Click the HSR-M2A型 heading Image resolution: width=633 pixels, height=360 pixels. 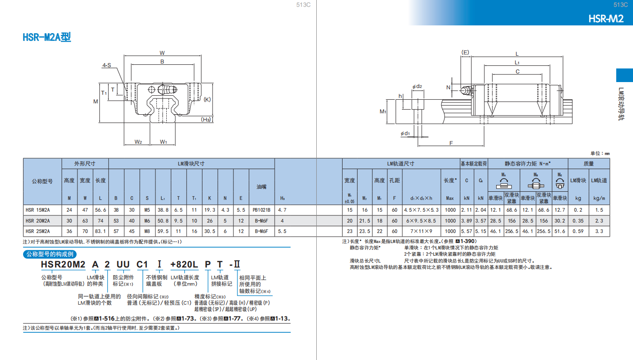(x=47, y=37)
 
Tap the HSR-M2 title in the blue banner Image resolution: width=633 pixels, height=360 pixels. (x=606, y=19)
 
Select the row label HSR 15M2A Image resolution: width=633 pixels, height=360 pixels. (x=38, y=210)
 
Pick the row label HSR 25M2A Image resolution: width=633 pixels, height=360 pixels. (x=38, y=231)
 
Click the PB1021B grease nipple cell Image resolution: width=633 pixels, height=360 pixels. (x=261, y=210)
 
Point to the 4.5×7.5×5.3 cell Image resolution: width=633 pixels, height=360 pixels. (x=421, y=210)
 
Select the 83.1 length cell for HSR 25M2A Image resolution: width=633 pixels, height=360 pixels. (x=100, y=231)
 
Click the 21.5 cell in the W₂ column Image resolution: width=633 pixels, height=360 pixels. (x=365, y=221)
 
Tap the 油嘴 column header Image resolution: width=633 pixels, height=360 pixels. (x=261, y=187)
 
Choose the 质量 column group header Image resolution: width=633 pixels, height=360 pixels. (x=589, y=164)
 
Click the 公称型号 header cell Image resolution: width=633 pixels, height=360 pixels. (x=42, y=181)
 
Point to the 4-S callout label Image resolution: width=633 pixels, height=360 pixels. (x=106, y=65)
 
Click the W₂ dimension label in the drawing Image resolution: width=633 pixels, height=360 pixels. (x=138, y=141)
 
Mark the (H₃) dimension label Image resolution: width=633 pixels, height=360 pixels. (x=206, y=119)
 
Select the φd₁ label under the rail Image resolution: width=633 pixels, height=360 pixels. (x=405, y=133)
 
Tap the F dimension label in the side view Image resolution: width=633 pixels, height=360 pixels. (x=451, y=143)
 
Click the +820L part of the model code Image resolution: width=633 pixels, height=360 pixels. (x=184, y=264)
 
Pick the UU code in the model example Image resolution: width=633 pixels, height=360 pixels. (x=123, y=264)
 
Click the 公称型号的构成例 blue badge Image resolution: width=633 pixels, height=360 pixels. (x=50, y=254)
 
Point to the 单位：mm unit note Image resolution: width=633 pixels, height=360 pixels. (x=600, y=153)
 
